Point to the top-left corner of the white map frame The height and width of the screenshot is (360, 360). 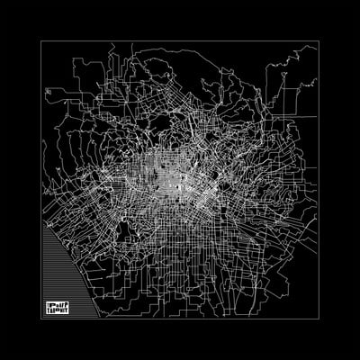[42, 41]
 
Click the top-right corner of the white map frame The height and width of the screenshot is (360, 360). [318, 41]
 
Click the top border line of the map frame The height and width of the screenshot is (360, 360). [180, 41]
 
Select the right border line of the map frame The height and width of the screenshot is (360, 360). [318, 180]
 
